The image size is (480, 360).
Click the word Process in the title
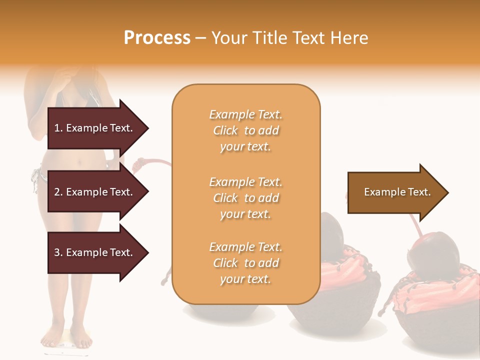[157, 38]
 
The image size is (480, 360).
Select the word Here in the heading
[348, 38]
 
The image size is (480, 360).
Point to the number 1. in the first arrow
[58, 128]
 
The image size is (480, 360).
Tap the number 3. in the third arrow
[58, 252]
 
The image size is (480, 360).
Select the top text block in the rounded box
[245, 130]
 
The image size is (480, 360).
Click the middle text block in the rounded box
[245, 198]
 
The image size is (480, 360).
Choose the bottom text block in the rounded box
[245, 263]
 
